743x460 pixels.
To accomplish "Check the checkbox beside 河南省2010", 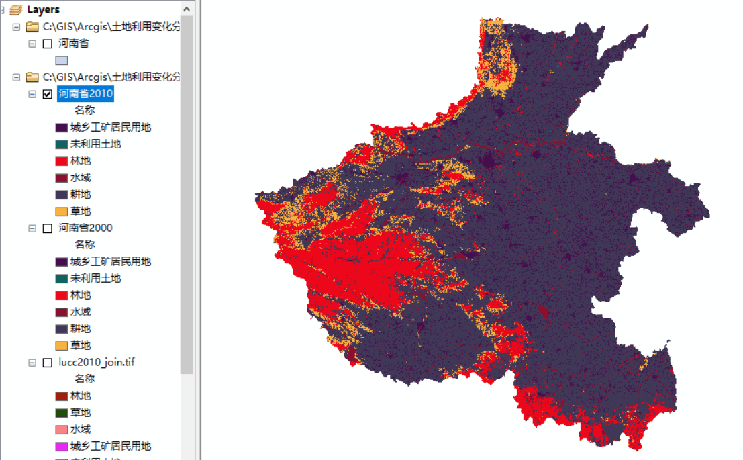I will [x=47, y=94].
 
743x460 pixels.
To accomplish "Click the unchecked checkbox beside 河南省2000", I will [x=47, y=228].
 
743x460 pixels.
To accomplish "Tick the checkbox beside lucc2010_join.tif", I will [x=47, y=363].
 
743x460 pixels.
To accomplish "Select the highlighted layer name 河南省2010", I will [x=85, y=94].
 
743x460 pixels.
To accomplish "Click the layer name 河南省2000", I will [x=85, y=228].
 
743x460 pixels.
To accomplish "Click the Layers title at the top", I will [x=43, y=9].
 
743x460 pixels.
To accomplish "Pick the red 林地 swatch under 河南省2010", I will [x=62, y=161].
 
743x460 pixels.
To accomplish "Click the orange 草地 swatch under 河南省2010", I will [x=62, y=212].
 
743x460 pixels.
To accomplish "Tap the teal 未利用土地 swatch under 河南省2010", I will [x=62, y=144].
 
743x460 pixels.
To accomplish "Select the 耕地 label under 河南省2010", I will [x=81, y=195].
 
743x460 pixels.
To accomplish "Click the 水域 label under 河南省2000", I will [x=81, y=312].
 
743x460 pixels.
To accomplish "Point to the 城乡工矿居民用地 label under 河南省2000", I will [x=111, y=262].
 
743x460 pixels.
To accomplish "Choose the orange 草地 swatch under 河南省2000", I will [x=62, y=346].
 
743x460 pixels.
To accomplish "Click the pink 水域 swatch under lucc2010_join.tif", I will [x=62, y=430].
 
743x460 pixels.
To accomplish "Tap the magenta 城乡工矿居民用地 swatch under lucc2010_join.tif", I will [x=62, y=447].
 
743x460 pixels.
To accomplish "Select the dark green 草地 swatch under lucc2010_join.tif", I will [x=62, y=413].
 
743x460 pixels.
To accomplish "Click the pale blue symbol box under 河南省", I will [x=62, y=60].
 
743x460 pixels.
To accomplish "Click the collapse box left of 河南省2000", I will [x=32, y=228].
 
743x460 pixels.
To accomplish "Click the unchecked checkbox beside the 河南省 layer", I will [x=47, y=44].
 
